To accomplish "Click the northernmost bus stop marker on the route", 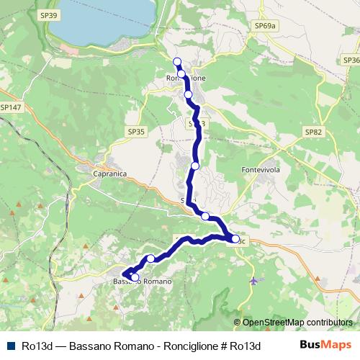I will pos(177,61).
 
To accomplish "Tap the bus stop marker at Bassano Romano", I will pos(134,276).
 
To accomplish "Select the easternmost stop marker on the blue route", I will pos(235,238).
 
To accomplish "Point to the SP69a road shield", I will pos(265,25).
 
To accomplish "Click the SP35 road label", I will pos(136,132).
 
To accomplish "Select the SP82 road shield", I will pos(313,132).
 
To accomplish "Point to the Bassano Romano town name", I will pos(144,281).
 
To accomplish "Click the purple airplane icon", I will pos(253,280).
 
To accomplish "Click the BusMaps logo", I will pos(326,344).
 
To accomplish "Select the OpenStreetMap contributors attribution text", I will pos(297,323).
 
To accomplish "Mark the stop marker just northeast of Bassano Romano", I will pos(150,258).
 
